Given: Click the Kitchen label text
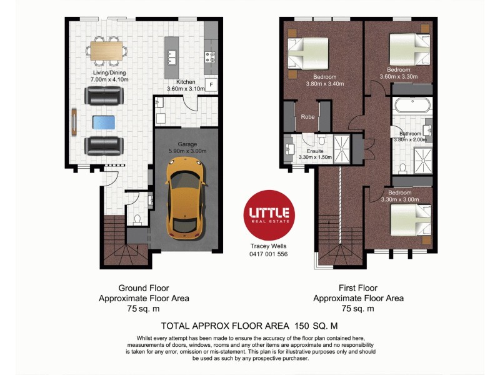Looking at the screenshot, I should coord(186,82).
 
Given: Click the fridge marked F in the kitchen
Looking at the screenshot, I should coord(211,85).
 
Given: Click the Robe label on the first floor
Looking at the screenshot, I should coord(307,116).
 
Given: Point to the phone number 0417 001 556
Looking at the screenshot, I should coord(269,254).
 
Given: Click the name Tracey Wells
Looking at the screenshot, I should coord(269,246).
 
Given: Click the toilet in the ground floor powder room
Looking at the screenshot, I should coord(137,219).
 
